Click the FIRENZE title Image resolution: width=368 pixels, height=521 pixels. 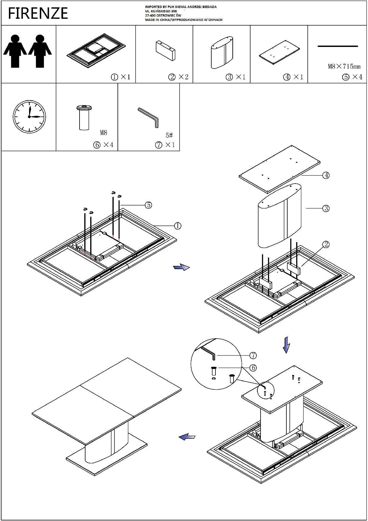point(38,13)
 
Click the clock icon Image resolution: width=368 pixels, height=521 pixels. point(29,116)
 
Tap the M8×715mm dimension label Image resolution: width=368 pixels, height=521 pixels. point(344,66)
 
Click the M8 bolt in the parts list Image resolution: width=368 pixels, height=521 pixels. point(84,117)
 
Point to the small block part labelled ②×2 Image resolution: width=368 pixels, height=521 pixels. point(165,50)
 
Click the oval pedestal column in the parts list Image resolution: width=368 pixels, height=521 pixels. point(222,53)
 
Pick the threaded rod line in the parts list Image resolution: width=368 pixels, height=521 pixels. point(338,46)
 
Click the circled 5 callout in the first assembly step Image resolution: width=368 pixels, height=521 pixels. point(148,205)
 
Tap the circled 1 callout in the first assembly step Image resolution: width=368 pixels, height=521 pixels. point(177,226)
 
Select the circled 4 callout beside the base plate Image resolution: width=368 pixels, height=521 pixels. point(326,175)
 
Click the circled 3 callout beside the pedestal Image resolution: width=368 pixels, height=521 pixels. point(326,209)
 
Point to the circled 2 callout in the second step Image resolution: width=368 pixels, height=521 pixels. point(326,244)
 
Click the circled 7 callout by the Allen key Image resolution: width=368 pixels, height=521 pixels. point(253,355)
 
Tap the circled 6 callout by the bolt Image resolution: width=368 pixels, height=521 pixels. point(253,368)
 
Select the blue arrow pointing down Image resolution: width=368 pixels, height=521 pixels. point(286,345)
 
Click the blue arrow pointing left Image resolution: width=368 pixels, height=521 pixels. point(187,437)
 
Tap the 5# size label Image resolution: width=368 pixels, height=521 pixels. point(169,135)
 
